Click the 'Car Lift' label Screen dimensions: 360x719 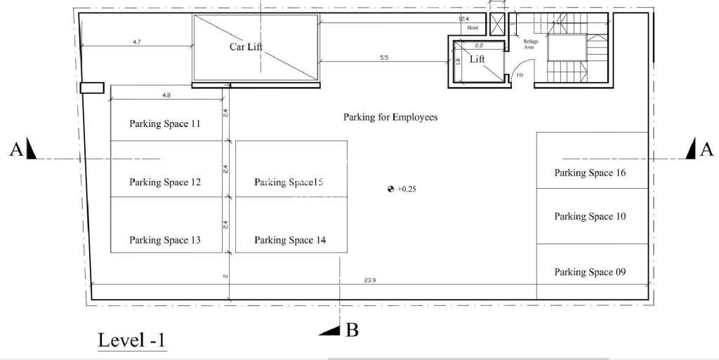[x=246, y=47]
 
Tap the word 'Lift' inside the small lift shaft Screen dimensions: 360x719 [x=477, y=60]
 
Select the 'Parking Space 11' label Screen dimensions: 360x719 [x=165, y=124]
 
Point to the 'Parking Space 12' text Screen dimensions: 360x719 [x=165, y=182]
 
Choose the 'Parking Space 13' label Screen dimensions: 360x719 [x=165, y=240]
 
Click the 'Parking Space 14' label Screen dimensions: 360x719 [x=290, y=240]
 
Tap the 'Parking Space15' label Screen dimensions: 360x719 [x=289, y=182]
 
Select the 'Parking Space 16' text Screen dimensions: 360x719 [x=590, y=173]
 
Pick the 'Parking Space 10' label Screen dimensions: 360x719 [x=590, y=217]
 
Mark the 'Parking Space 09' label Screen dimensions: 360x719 [x=590, y=272]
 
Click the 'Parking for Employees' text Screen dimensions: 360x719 [x=390, y=117]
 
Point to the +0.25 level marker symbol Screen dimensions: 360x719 [x=390, y=189]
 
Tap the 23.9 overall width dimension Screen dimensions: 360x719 [x=370, y=280]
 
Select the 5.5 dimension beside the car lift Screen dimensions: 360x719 [x=384, y=58]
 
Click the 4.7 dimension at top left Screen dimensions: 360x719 [x=136, y=43]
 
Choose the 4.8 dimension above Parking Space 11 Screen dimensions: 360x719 [x=166, y=95]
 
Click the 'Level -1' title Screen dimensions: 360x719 [x=131, y=341]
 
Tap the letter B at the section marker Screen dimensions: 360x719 [x=352, y=331]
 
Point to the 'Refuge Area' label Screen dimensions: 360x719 [x=531, y=44]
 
